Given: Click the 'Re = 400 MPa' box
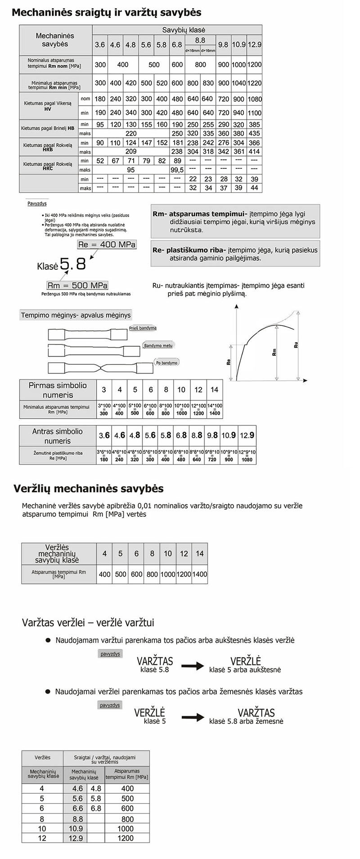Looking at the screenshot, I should pos(107,244).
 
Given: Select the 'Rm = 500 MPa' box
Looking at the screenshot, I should pos(78,285).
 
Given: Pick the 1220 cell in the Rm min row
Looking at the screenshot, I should pos(254,83).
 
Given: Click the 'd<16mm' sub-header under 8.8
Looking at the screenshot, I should pos(193,50).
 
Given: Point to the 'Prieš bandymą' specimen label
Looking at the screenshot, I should pos(143,328).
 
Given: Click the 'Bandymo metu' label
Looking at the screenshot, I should pos(158,345).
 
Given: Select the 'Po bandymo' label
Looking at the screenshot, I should pos(166,362).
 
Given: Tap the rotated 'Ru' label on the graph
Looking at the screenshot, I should pos(296,345).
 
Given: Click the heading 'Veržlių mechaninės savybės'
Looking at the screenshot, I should pos(89,488).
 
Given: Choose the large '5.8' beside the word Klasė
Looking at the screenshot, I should pos(73,264).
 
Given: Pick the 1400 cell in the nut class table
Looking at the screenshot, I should pos(200,574).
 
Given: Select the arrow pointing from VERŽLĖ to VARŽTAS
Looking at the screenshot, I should pos(193,717).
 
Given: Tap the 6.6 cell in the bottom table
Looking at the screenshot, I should pos(77,808).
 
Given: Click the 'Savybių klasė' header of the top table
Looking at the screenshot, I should pos(177,30).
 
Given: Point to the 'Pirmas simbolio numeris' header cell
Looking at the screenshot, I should pos(57,390).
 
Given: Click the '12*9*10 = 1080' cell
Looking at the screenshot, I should pos(247,456).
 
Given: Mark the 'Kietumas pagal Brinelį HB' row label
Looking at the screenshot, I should pos(48,129).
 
